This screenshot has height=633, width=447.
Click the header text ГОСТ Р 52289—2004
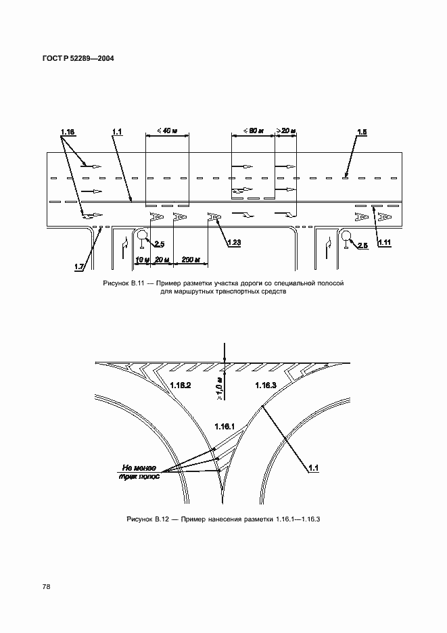[x=78, y=59]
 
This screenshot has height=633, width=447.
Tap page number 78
[x=46, y=587]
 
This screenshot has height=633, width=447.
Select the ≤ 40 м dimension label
[x=167, y=131]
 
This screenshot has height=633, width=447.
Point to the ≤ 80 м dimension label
[x=253, y=131]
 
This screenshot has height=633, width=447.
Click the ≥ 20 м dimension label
[x=286, y=131]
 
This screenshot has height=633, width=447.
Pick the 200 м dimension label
[x=191, y=260]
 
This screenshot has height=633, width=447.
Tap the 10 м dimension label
[x=142, y=260]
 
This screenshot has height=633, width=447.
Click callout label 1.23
[x=234, y=243]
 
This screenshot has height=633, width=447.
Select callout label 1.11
[x=384, y=243]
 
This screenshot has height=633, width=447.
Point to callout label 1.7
[x=79, y=266]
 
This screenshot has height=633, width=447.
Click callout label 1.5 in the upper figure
[x=362, y=132]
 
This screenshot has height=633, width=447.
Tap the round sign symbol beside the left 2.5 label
[x=142, y=235]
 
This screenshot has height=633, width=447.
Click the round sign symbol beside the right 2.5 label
[x=346, y=235]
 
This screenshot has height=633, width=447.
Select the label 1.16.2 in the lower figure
[x=181, y=385]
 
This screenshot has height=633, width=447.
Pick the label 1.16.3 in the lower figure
[x=266, y=385]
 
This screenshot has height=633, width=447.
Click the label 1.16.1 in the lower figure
[x=225, y=427]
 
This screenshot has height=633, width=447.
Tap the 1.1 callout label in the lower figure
[x=313, y=468]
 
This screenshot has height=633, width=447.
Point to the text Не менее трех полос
[x=139, y=472]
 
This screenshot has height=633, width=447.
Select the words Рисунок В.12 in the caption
[x=145, y=519]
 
